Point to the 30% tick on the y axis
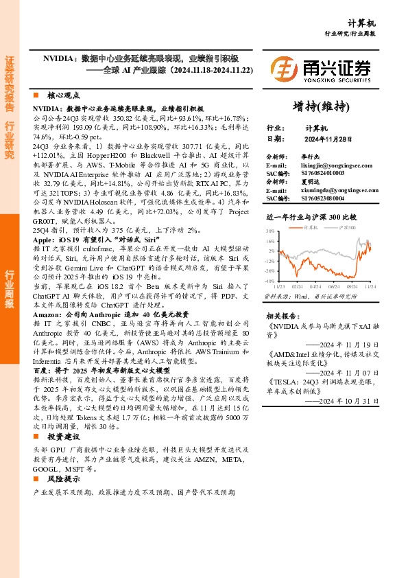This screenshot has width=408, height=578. (269, 231)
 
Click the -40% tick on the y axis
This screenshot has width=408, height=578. (269, 281)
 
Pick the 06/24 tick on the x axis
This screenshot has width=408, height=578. (334, 286)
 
